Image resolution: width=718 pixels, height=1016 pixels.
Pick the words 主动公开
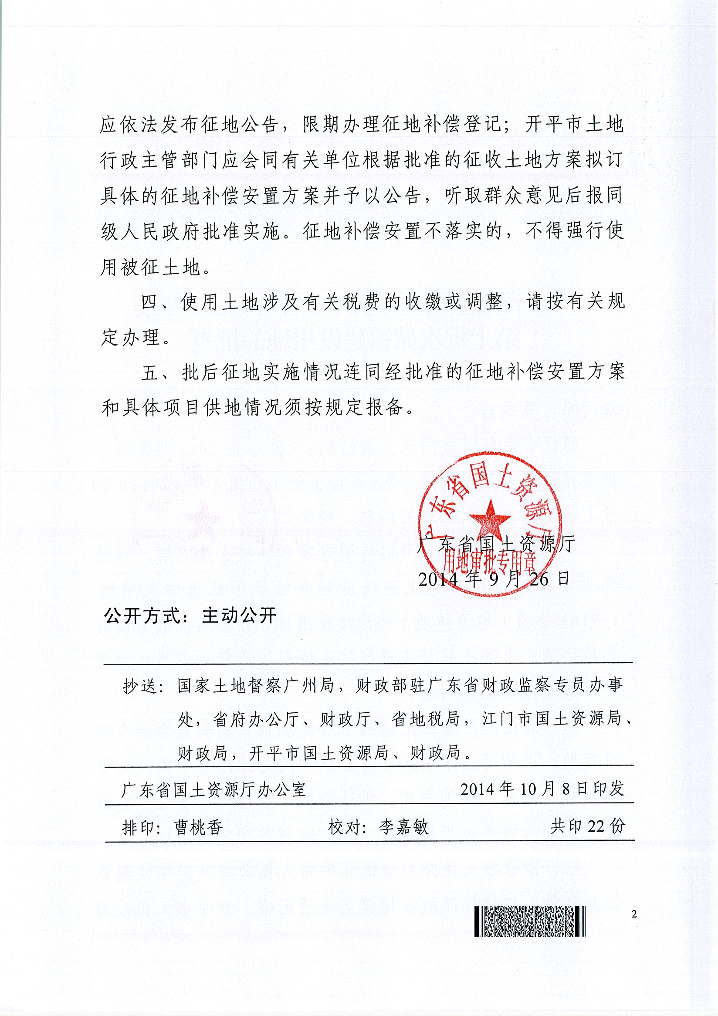239,616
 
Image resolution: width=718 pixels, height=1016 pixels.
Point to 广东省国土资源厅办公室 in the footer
213,789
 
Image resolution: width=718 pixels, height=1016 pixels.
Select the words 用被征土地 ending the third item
150,267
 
